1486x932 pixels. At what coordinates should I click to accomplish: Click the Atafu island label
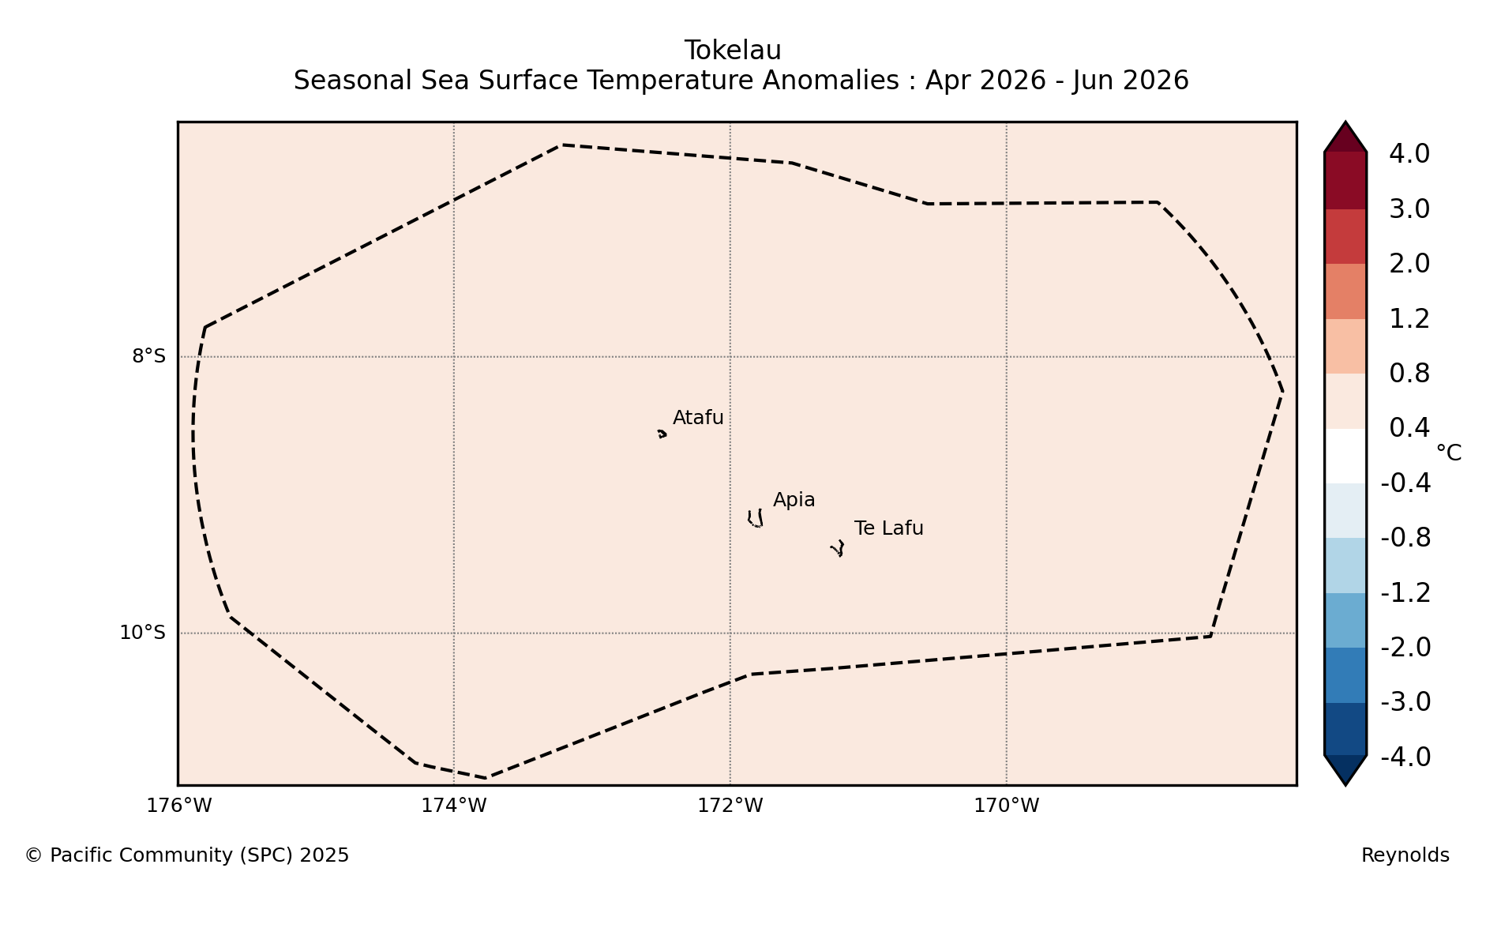(698, 418)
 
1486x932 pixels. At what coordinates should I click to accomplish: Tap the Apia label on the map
(794, 500)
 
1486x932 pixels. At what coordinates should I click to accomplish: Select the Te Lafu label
(888, 528)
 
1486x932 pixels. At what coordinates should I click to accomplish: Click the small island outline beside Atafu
(662, 434)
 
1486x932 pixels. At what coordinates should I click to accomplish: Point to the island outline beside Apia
(756, 519)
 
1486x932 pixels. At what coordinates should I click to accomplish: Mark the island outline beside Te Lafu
(838, 548)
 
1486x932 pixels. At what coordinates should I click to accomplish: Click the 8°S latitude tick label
(148, 356)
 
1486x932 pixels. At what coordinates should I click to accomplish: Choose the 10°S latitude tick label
(142, 633)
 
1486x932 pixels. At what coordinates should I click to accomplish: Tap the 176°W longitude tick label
(178, 806)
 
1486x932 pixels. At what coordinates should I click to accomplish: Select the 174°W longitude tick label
(453, 806)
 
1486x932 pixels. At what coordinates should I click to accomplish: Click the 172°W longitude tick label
(730, 806)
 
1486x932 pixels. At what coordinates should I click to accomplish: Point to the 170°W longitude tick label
(1006, 806)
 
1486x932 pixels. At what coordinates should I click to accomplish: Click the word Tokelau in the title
(733, 51)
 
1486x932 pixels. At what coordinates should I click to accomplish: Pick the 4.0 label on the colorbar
(1409, 154)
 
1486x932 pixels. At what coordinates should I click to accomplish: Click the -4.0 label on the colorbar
(1405, 757)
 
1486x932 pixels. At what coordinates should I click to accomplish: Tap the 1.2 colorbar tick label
(1409, 319)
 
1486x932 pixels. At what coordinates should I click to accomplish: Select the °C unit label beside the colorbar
(1448, 453)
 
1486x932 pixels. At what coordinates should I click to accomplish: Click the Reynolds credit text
(1405, 855)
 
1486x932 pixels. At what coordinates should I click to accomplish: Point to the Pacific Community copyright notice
(186, 855)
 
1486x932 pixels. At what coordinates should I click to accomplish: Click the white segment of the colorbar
(1345, 456)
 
